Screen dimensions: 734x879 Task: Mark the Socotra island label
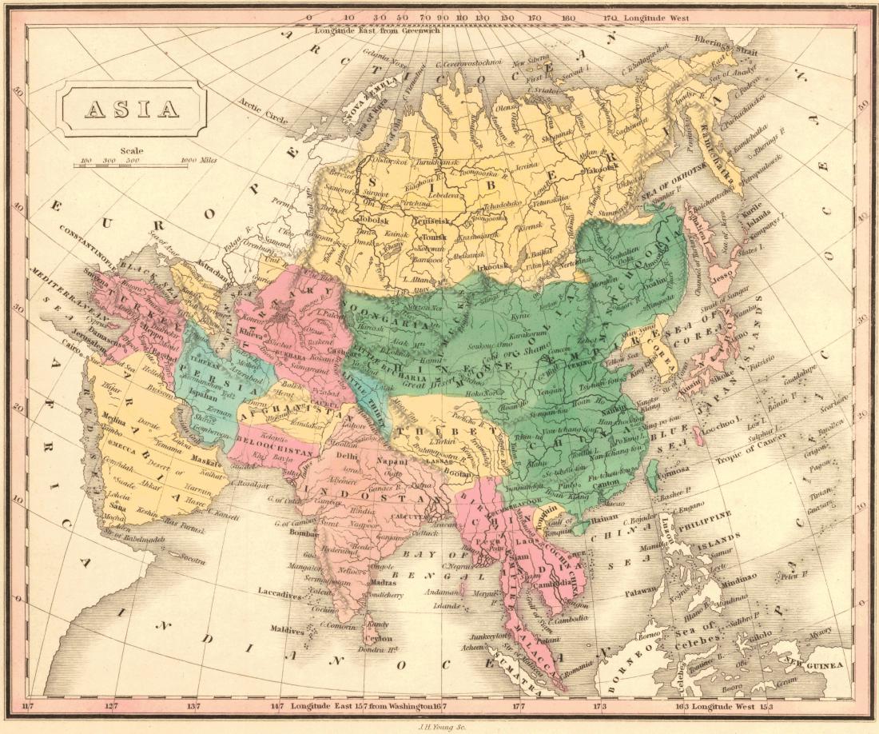(190, 560)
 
